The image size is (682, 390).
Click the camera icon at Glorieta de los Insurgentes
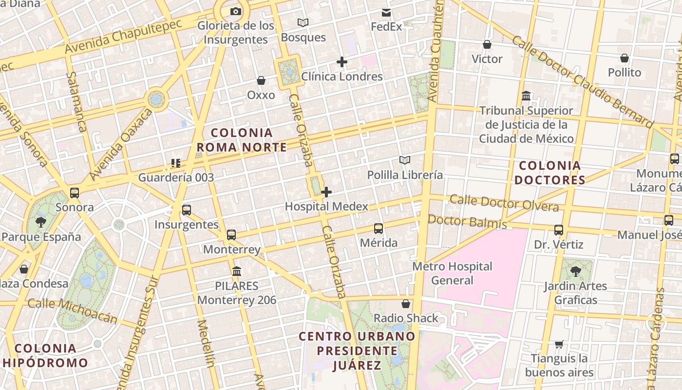pos(235,12)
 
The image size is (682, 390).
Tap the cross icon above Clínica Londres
pos(342,62)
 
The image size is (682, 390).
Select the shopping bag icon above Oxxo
pos(261,80)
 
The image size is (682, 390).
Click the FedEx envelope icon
pos(386,12)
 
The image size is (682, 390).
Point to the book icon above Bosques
pos(303,22)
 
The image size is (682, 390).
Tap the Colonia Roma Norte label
pos(242,140)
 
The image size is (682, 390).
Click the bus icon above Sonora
pos(75,193)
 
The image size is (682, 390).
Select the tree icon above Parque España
pos(41,222)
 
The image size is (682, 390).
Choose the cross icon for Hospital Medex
pos(326,192)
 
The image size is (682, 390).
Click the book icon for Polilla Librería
pos(405,160)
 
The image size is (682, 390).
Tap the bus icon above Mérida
pos(379,228)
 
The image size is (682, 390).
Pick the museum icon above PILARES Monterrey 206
pos(237,271)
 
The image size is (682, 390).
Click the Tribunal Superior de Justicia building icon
pos(526,96)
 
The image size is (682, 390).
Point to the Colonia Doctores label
pos(550,173)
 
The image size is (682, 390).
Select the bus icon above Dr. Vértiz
pos(559,230)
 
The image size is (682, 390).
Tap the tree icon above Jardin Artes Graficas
pos(575,271)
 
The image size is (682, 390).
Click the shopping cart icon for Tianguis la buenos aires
pos(559,344)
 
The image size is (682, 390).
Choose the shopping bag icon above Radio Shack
pos(405,304)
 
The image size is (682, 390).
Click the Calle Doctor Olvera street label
pos(504,203)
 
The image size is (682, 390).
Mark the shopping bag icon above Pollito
pos(625,58)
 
